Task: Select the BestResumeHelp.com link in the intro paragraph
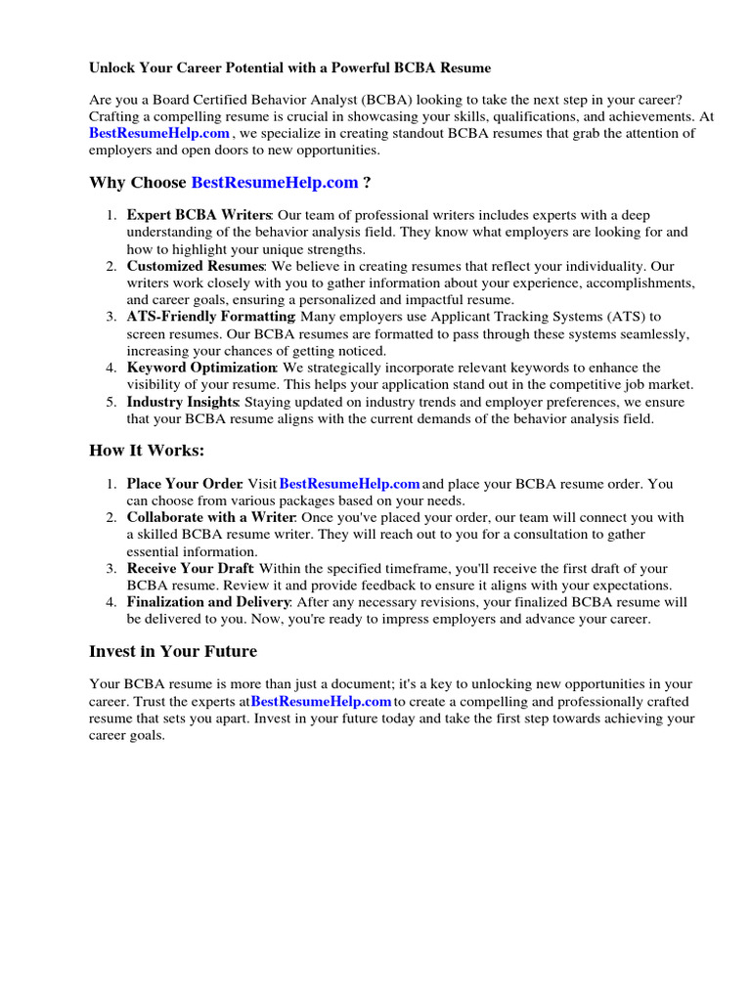(159, 133)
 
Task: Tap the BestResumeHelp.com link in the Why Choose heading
(275, 183)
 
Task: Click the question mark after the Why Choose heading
(367, 183)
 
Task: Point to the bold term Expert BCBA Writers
(199, 215)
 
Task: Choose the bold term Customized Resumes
(195, 266)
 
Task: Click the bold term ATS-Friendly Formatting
(210, 317)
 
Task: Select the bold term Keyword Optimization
(201, 368)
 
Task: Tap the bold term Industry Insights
(182, 402)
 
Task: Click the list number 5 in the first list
(111, 402)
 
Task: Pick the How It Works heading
(148, 451)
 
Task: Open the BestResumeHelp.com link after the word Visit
(349, 484)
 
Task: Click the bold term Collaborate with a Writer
(210, 517)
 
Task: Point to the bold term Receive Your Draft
(190, 568)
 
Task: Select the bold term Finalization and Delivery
(208, 602)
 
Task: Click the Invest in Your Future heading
(173, 651)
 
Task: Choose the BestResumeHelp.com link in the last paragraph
(322, 702)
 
